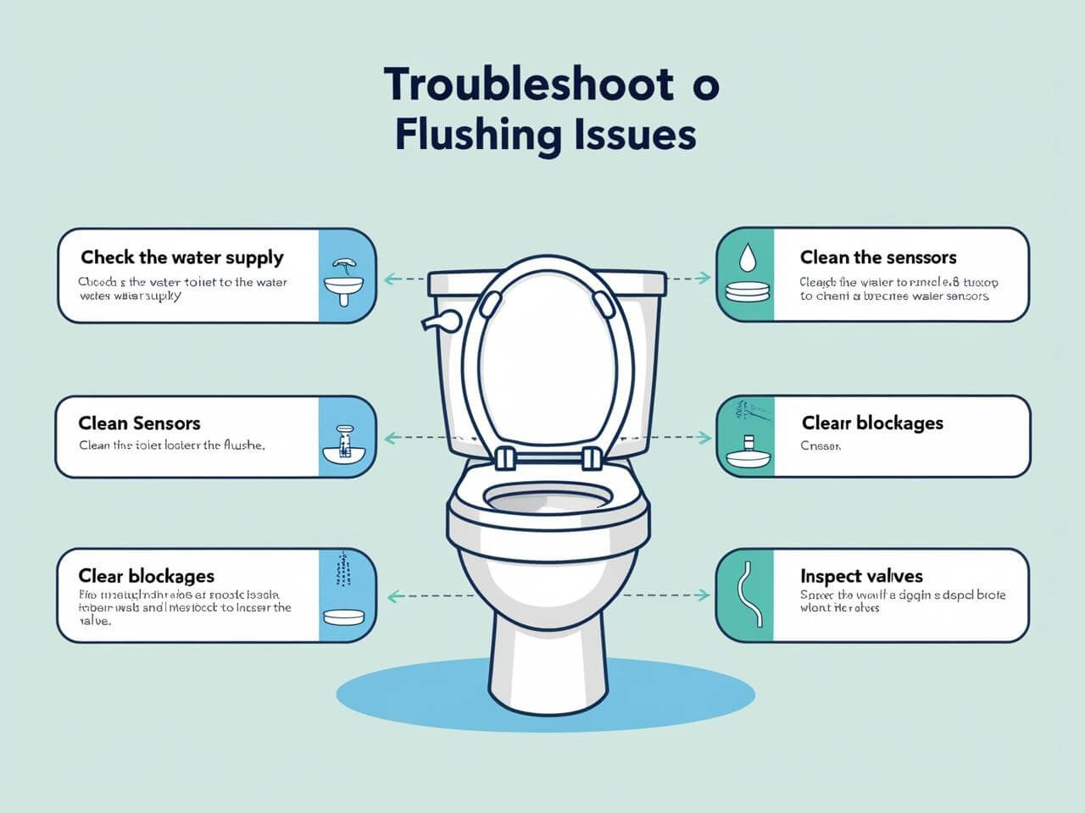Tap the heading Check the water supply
182,257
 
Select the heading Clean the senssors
878,257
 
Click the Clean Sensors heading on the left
140,423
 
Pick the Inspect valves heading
861,577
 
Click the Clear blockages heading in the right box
872,423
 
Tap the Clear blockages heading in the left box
147,577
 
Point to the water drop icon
746,255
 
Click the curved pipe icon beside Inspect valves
746,595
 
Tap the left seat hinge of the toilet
505,456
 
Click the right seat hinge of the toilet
592,456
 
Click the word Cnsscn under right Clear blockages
821,445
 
